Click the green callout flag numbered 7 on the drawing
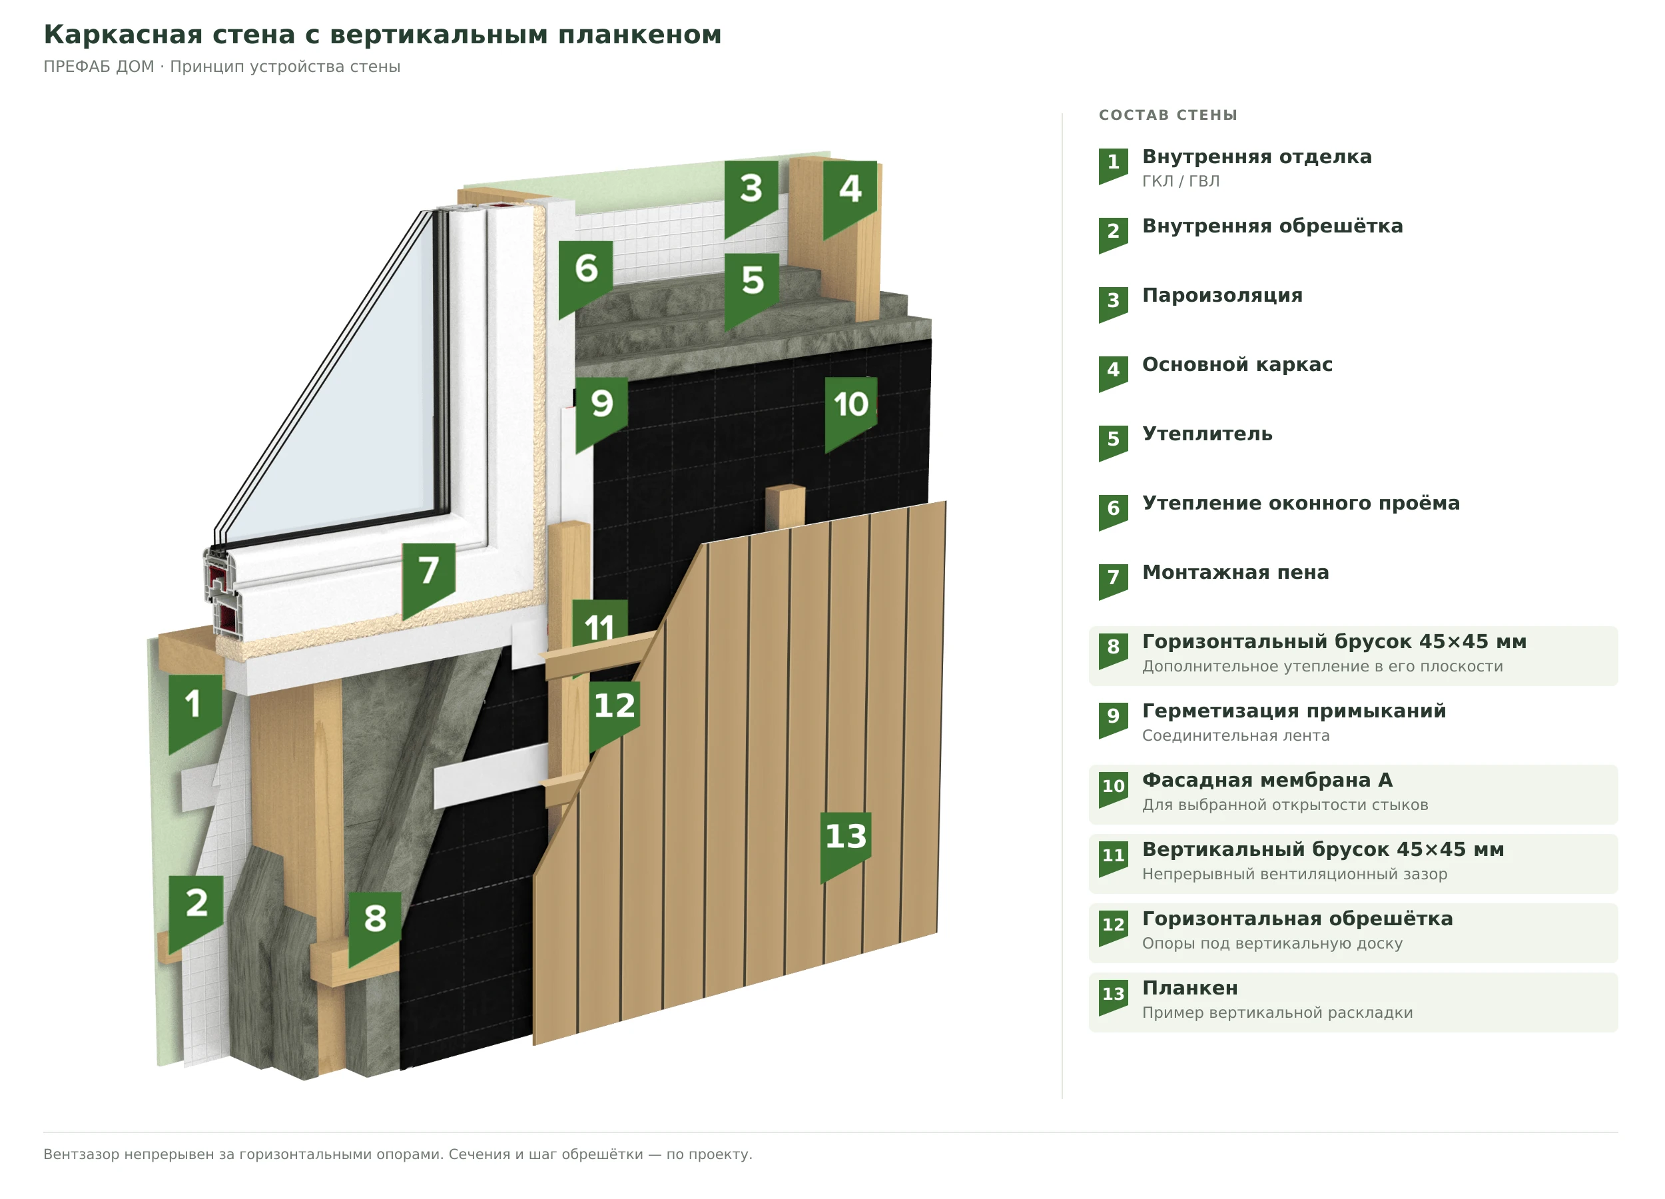click(429, 576)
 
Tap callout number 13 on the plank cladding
click(846, 842)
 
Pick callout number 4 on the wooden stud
click(850, 195)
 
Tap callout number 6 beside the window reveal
click(586, 274)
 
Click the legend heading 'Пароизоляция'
click(1222, 295)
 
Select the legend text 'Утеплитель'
click(1207, 434)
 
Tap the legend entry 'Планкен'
click(1190, 988)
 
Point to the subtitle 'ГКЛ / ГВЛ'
click(1180, 181)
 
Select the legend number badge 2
click(1113, 235)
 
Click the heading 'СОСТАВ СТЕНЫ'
click(1168, 115)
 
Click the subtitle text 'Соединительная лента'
click(1235, 735)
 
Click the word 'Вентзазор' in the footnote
click(81, 1154)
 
